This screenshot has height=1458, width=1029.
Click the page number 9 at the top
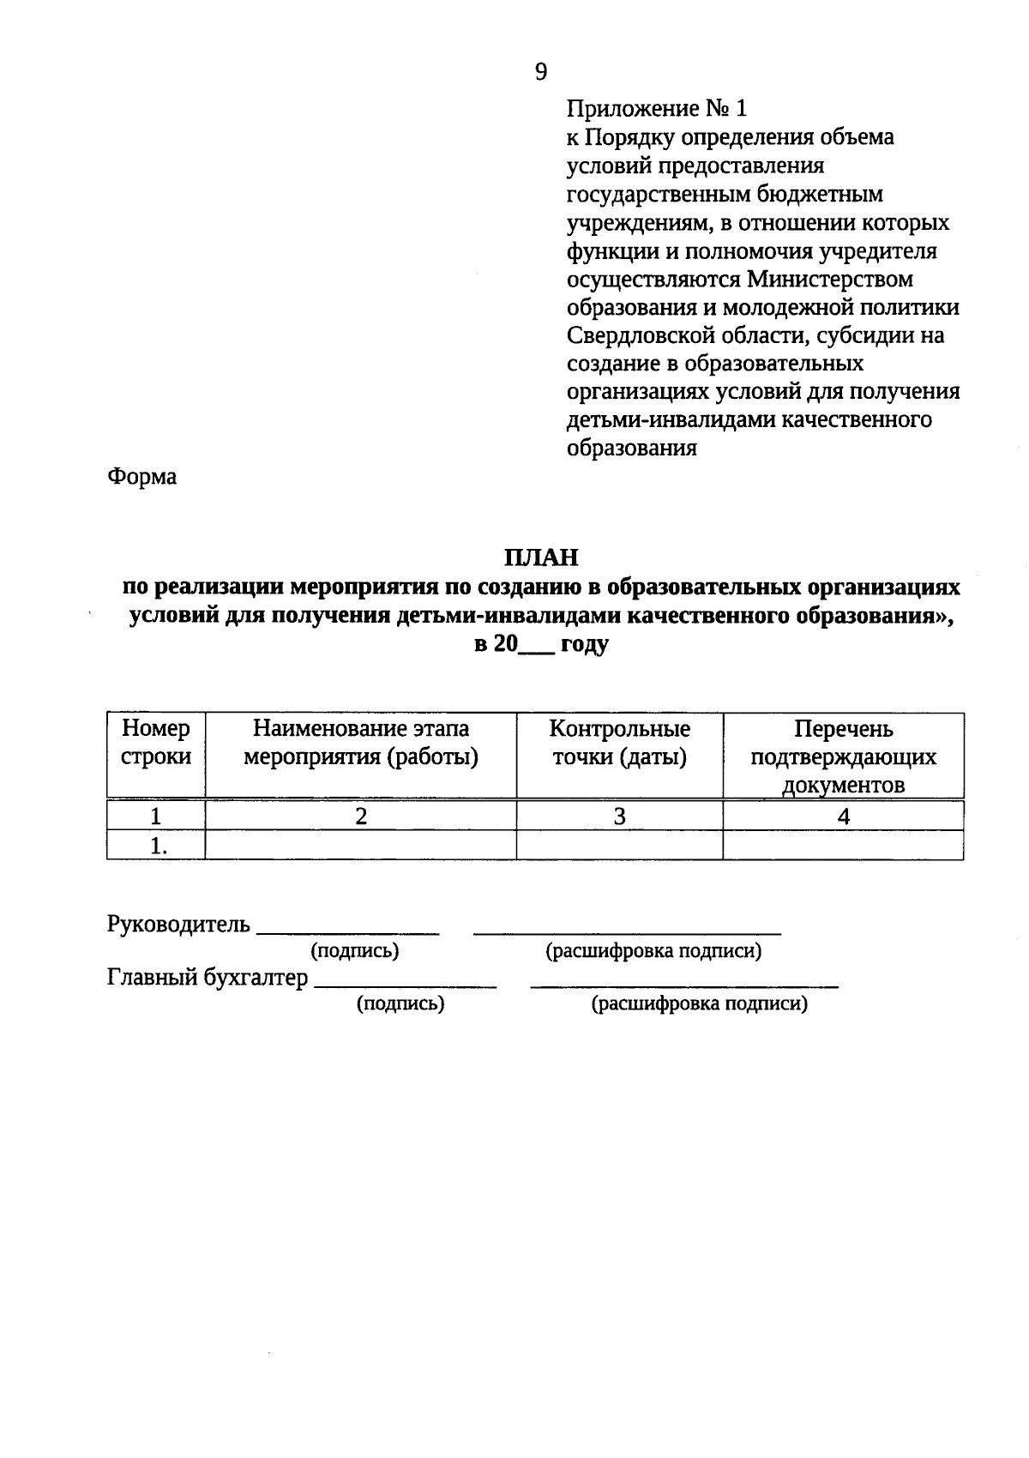point(540,72)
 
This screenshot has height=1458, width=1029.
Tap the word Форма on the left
point(142,477)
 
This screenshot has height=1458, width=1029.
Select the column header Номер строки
point(156,743)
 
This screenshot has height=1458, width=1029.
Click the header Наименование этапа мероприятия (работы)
point(361,743)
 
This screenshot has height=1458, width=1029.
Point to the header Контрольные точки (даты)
point(619,743)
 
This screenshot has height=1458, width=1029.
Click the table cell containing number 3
point(619,816)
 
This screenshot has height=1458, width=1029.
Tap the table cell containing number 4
point(843,816)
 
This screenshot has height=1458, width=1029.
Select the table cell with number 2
point(361,816)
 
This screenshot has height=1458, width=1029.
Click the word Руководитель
point(178,925)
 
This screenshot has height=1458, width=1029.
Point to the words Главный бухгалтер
point(208,978)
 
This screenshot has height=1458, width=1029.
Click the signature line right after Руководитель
point(348,930)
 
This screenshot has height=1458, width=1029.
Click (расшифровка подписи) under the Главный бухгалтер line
point(699,1004)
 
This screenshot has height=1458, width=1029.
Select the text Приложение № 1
point(657,109)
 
